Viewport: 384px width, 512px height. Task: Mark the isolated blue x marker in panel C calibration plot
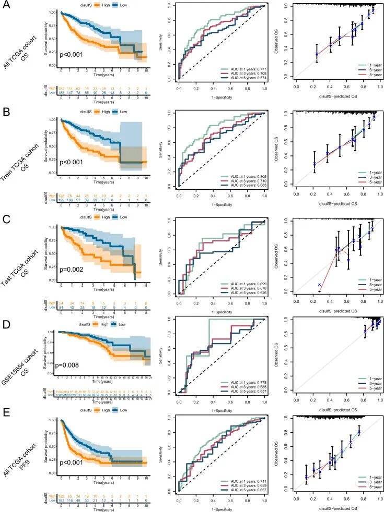[x=319, y=285]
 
